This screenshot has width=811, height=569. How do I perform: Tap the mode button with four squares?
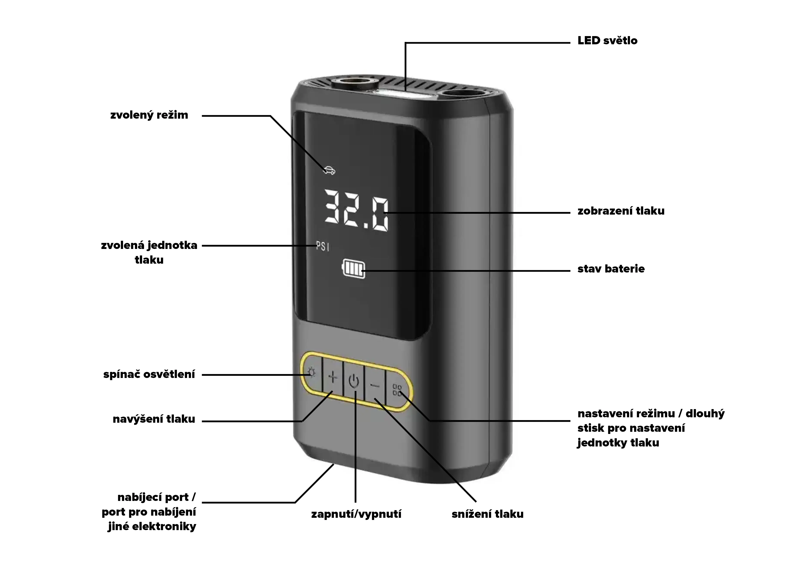[x=397, y=390]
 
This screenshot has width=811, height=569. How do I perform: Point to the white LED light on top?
[x=401, y=94]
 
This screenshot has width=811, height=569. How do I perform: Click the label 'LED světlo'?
[x=607, y=41]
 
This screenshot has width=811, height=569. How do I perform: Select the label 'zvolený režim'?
[x=149, y=115]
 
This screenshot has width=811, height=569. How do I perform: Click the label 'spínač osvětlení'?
[x=149, y=375]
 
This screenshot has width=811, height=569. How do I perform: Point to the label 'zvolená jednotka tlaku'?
[x=149, y=252]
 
